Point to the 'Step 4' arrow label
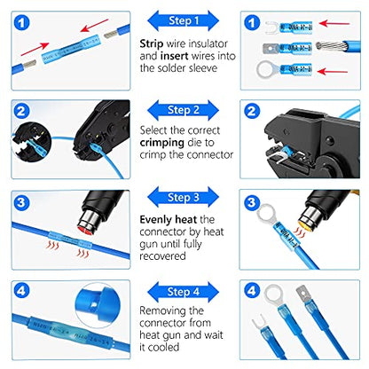[184, 290]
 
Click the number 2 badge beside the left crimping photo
[21, 112]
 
